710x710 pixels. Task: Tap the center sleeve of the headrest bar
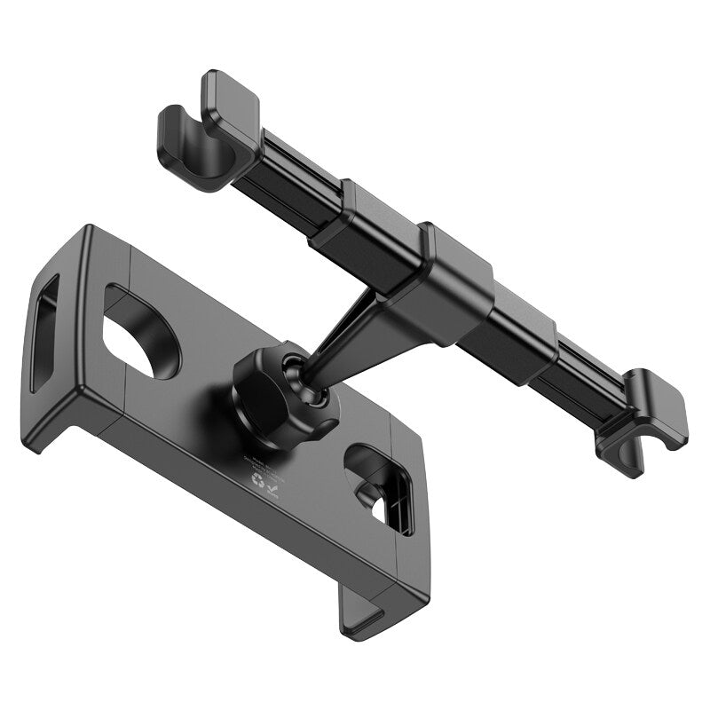pyautogui.click(x=448, y=284)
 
